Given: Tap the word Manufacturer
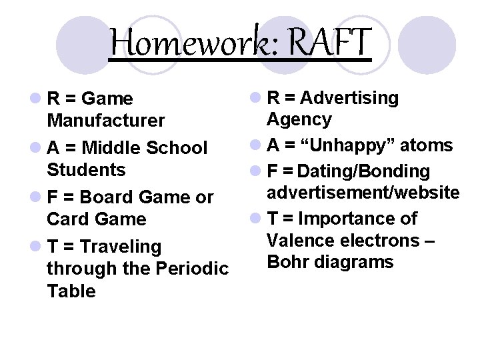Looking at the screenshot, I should (105, 121).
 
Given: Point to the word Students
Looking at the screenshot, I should (86, 169).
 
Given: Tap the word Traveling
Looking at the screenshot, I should (120, 247).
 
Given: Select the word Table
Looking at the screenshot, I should (71, 291).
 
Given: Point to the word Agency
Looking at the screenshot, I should (299, 120).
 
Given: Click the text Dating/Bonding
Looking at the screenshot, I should (364, 172).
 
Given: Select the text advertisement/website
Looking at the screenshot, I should (363, 193).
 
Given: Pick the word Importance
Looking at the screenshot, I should (357, 219).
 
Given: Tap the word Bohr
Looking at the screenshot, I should (289, 261).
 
